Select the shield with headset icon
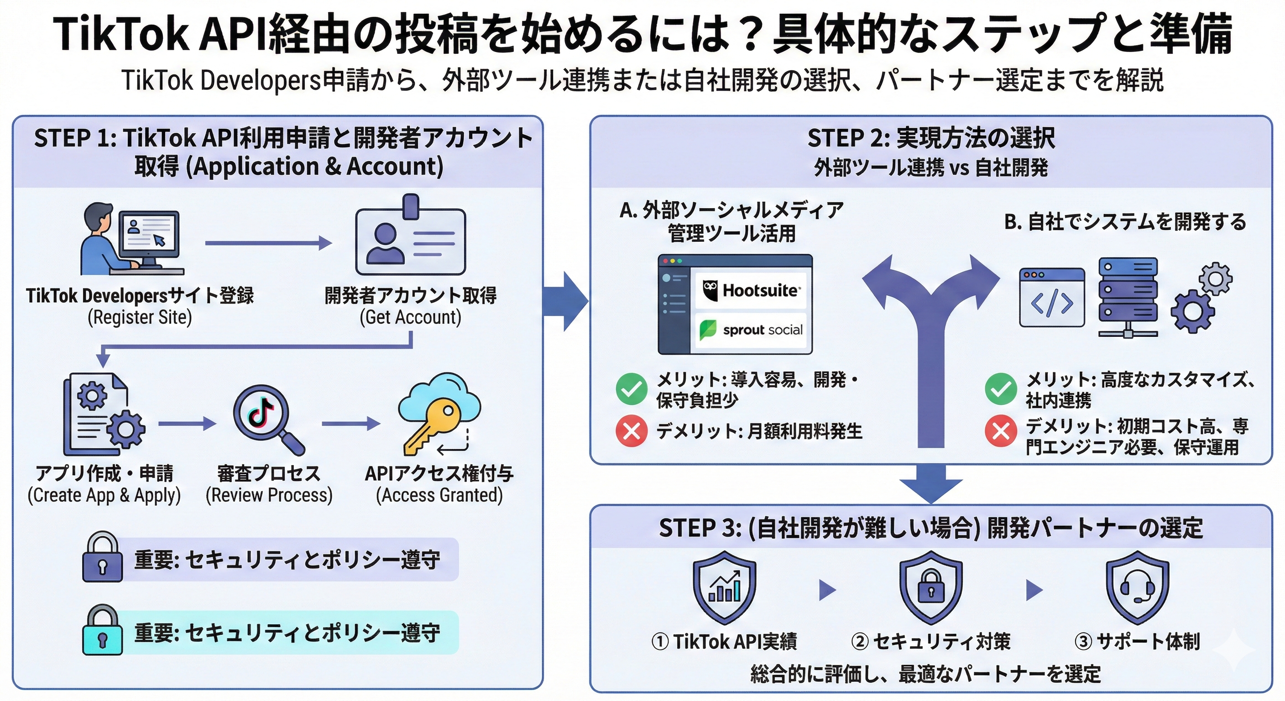coord(1137,587)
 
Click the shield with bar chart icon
coord(724,587)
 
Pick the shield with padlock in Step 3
coord(931,587)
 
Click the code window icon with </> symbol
coord(1051,298)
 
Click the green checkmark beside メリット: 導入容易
coord(632,389)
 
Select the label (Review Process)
coord(269,495)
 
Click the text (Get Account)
coord(411,317)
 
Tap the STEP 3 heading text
coord(931,528)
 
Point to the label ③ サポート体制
coord(1137,641)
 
